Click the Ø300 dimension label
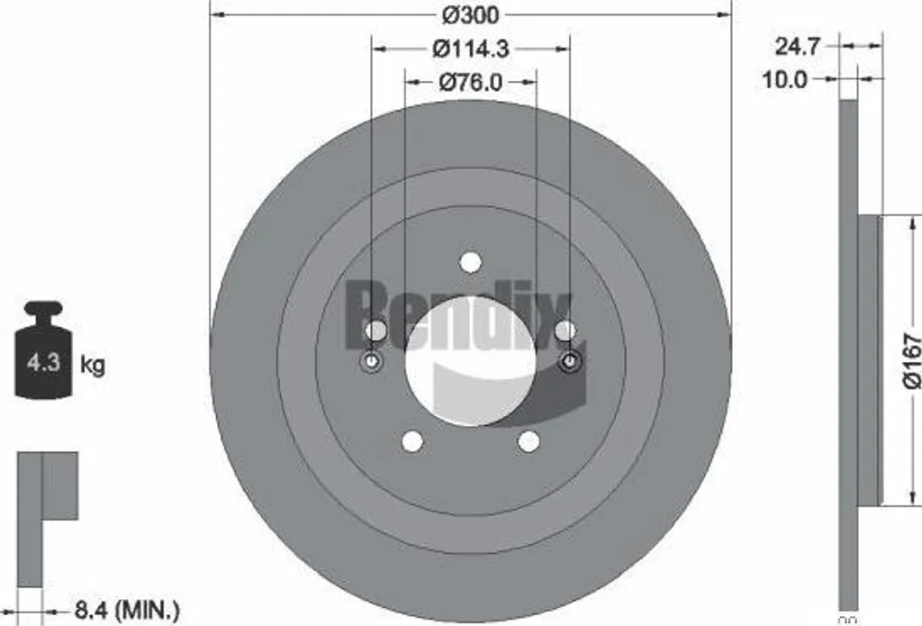point(470,14)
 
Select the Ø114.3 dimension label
point(470,49)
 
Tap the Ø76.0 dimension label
point(470,82)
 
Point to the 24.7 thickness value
point(797,46)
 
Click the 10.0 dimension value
point(785,79)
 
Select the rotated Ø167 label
point(911,360)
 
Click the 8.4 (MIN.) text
point(127,610)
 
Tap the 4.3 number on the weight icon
point(43,362)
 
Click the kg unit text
point(93,365)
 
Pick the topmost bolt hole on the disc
point(470,262)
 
